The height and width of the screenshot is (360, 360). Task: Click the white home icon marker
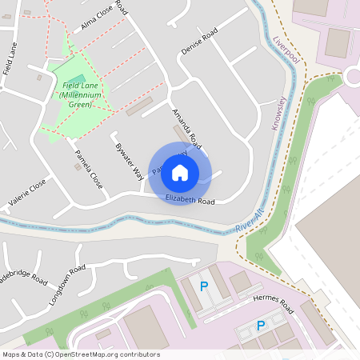[x=180, y=172]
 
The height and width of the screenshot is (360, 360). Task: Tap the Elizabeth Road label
[x=190, y=200]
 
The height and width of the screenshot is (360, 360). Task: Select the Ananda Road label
[x=186, y=127]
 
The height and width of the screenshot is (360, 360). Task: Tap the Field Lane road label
[x=10, y=59]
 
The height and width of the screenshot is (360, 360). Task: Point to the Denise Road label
[x=198, y=42]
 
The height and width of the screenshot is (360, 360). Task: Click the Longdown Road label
[x=66, y=282]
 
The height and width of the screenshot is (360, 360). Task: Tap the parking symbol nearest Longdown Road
[x=203, y=286]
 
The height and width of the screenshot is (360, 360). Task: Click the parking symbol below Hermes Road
[x=260, y=326]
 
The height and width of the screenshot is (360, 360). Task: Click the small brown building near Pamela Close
[x=78, y=167]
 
